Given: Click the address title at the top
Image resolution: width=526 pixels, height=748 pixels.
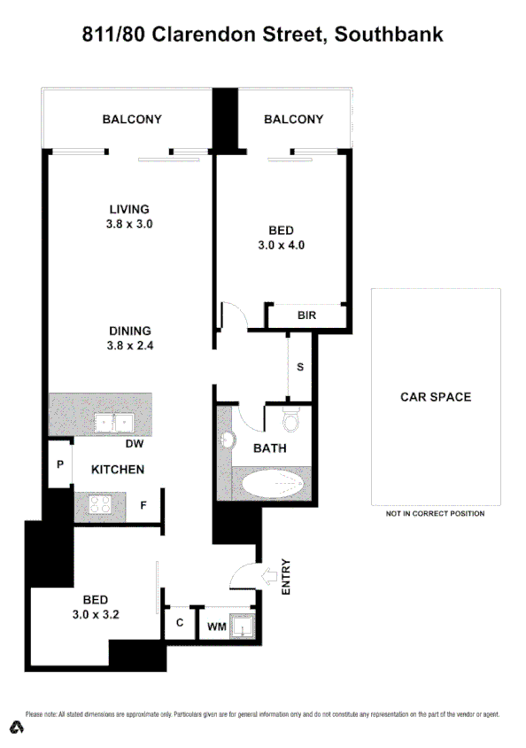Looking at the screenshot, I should coord(262,35).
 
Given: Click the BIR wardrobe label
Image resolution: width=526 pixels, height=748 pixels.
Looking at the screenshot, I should coord(306,316).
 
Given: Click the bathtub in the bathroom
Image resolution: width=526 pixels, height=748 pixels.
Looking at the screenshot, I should coord(271,485).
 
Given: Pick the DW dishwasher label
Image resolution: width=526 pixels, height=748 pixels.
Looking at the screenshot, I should coord(135,444).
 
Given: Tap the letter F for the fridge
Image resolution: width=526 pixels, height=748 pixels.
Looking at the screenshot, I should coord(143,507).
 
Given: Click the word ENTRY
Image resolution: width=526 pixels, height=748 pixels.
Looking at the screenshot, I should coord(285,576).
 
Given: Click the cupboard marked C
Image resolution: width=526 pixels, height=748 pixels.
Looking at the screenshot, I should coord(178,622).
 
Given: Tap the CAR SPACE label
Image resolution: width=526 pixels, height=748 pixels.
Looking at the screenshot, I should coord(436,397).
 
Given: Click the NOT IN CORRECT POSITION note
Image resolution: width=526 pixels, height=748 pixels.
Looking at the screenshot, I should coord(435,514).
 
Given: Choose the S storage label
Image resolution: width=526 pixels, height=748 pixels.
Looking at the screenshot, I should coord(300,366).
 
